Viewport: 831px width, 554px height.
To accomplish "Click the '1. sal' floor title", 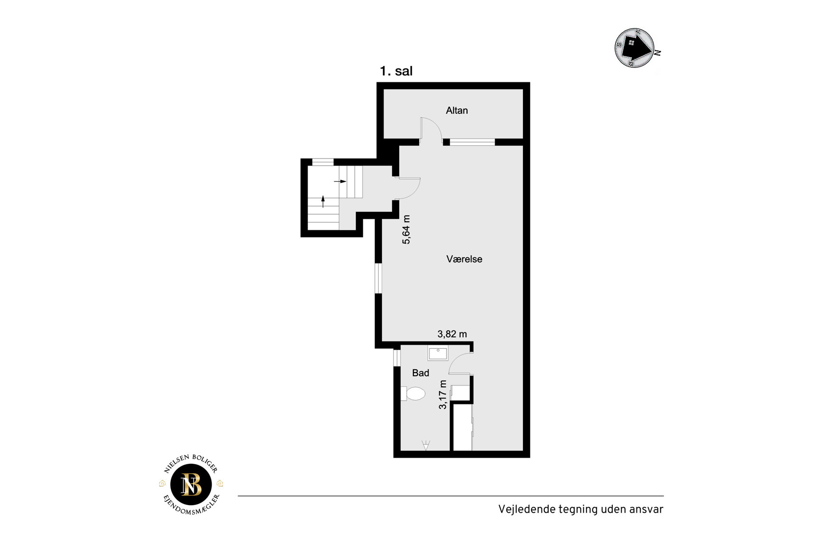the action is tap(396, 71).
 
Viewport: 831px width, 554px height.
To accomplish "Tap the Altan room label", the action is tap(457, 111).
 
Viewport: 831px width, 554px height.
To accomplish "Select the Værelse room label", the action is tap(464, 259).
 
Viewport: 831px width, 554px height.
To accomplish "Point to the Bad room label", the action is tap(420, 373).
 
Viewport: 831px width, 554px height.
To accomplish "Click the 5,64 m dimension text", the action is tap(406, 230).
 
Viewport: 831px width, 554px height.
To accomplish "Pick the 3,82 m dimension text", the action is tap(452, 334).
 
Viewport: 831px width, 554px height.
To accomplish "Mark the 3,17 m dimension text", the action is tap(443, 394).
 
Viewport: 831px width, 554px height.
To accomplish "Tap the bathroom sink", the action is tap(438, 354).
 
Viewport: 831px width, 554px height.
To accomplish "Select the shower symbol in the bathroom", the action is tap(426, 445).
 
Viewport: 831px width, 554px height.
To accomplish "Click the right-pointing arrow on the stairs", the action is tap(340, 181).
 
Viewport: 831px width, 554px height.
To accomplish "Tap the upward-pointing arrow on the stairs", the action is tap(323, 202).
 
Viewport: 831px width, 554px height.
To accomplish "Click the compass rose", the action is tap(635, 47).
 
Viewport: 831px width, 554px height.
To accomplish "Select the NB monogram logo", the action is tap(191, 484).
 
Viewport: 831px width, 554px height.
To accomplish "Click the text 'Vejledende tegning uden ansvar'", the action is tap(580, 509).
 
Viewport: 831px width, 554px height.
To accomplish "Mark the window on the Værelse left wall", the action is tap(378, 278).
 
